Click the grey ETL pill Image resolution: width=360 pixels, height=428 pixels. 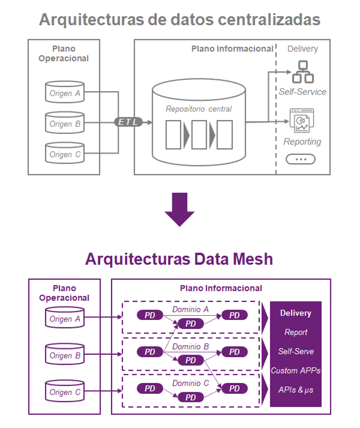128,122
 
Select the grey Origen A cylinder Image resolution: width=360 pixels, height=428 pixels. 64,92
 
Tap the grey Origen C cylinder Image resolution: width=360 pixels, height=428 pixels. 64,153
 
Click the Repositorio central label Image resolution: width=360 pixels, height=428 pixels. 198,109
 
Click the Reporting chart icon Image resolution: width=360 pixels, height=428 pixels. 302,121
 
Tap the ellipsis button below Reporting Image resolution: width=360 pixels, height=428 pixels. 300,159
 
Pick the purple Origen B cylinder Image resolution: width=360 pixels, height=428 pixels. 64,354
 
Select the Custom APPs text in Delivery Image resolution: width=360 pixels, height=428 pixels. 295,370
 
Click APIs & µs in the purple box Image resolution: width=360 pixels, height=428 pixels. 295,389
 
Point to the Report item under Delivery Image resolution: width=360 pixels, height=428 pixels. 295,332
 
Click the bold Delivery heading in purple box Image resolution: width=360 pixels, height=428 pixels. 295,313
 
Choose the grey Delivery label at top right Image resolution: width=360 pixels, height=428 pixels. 302,49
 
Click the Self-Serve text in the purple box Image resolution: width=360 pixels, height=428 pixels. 295,352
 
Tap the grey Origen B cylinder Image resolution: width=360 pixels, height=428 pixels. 64,123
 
